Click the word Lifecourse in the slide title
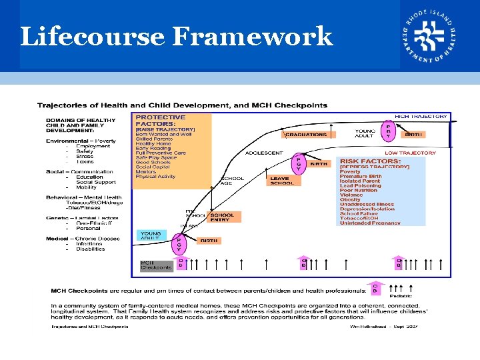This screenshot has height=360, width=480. tap(91, 36)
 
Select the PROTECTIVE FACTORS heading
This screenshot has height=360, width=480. tap(161, 120)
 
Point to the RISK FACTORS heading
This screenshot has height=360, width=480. tap(370, 161)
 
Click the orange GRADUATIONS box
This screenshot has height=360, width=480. tap(309, 134)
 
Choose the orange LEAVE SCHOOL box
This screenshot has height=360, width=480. tap(281, 180)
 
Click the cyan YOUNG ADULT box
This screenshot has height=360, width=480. tap(151, 236)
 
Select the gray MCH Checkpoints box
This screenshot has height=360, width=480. tap(155, 265)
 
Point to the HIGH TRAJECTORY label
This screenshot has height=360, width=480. tap(421, 117)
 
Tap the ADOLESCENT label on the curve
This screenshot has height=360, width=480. tap(264, 153)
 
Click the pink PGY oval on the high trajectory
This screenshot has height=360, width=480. tap(389, 131)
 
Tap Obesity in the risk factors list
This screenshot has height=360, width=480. tap(350, 199)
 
